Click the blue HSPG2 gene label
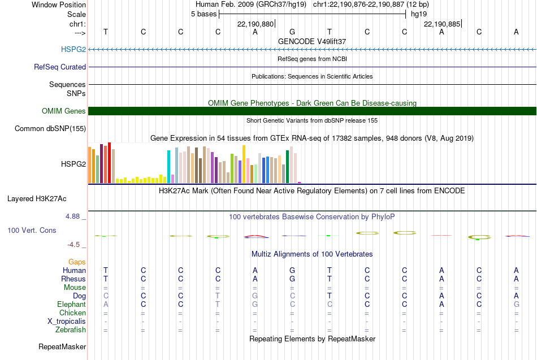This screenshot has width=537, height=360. click(73, 49)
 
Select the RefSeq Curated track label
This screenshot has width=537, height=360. click(60, 67)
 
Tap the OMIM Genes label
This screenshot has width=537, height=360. click(64, 111)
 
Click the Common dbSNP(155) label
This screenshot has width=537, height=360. click(50, 128)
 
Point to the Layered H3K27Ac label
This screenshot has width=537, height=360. click(37, 199)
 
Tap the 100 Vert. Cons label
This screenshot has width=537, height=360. click(32, 230)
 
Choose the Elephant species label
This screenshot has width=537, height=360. click(72, 304)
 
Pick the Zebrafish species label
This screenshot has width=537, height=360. click(71, 329)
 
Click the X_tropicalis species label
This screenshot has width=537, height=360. click(67, 322)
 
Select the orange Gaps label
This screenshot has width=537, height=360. click(77, 262)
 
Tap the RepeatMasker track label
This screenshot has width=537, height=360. click(62, 346)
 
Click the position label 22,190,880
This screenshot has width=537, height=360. click(255, 24)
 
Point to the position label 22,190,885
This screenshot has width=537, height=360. click(442, 24)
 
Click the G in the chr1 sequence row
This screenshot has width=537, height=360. click(292, 32)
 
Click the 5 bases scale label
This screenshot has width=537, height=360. click(203, 14)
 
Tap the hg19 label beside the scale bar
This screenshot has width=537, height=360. click(419, 14)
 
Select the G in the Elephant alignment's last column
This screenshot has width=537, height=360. click(517, 304)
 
